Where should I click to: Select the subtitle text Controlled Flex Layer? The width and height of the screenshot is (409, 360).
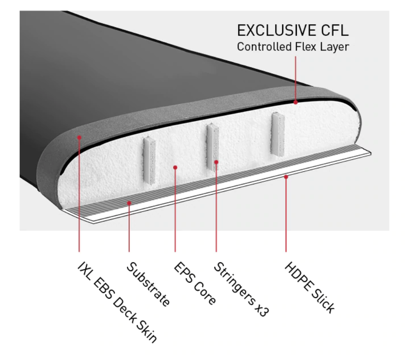(x=293, y=47)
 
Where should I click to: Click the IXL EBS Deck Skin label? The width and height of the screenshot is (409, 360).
(x=116, y=302)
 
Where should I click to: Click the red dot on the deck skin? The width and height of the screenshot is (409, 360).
(x=79, y=137)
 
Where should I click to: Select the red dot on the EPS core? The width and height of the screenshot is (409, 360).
(x=175, y=167)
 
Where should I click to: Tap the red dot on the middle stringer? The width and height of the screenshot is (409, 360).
(x=216, y=162)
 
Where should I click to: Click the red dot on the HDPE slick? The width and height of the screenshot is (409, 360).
(x=286, y=176)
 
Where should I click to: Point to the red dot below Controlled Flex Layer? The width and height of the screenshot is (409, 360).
(x=296, y=102)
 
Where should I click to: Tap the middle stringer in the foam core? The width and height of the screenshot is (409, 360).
(x=212, y=147)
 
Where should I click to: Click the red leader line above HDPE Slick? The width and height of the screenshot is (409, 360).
(x=286, y=216)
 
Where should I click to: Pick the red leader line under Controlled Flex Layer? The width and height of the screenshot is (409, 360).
(x=296, y=78)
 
